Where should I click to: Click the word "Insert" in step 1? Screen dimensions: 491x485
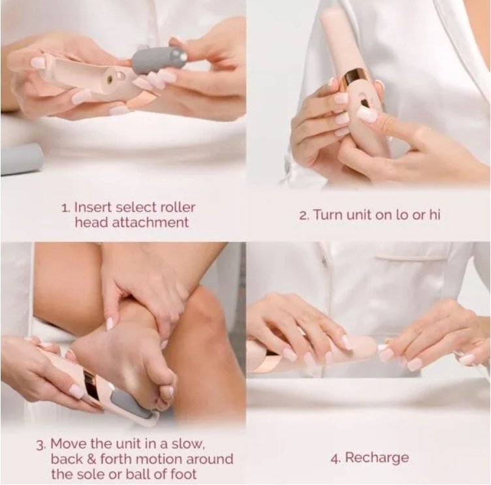coord(93,208)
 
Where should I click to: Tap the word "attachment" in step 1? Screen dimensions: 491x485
coord(150,223)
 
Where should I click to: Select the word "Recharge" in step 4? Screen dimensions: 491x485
coord(377,458)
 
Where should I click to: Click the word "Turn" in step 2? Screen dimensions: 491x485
coord(328,215)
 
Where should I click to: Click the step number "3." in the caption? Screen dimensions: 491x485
coord(41,445)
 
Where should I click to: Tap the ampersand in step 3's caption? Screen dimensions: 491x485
coord(91,460)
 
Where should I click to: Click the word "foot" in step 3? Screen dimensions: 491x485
coord(183,474)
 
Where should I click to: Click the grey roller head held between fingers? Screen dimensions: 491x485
coord(159,61)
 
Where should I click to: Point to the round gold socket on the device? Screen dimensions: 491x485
coord(110,80)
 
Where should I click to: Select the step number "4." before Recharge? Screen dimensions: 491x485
coord(336,459)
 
